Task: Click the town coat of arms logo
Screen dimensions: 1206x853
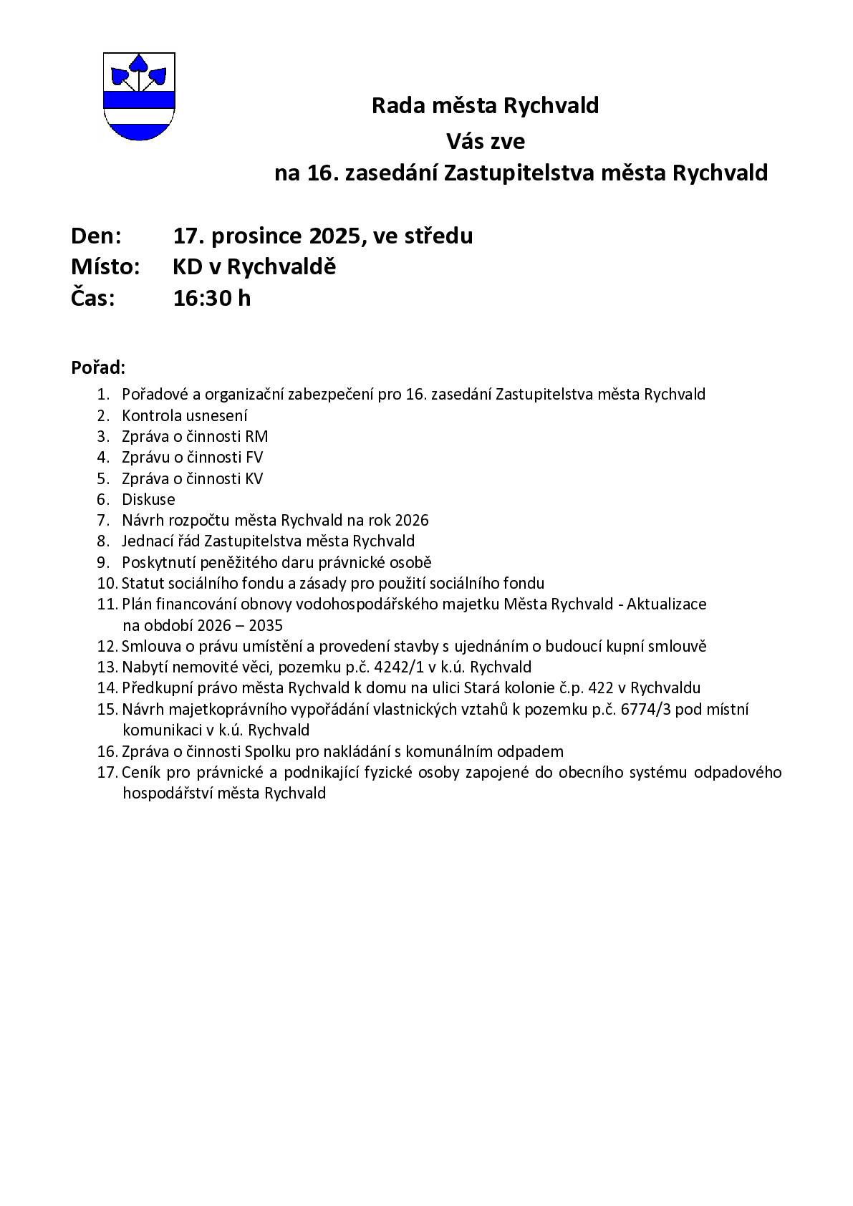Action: [139, 96]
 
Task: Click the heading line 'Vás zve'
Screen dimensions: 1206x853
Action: [486, 141]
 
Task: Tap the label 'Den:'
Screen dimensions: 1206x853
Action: [96, 236]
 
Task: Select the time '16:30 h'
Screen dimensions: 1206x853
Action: [212, 298]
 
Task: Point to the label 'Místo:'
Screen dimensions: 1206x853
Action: [105, 267]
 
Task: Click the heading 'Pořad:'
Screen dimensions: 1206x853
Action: [98, 368]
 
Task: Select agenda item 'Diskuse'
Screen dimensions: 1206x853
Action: [148, 499]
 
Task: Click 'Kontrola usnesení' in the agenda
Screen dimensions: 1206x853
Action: [185, 415]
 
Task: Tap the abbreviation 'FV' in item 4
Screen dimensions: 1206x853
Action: [254, 457]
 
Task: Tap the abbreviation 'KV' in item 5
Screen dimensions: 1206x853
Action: [254, 478]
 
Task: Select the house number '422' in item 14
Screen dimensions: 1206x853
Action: [600, 688]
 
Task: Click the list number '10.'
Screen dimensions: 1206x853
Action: [107, 583]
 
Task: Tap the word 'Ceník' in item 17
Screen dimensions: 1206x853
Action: [140, 772]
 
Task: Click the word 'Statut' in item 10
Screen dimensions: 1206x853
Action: [140, 583]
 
